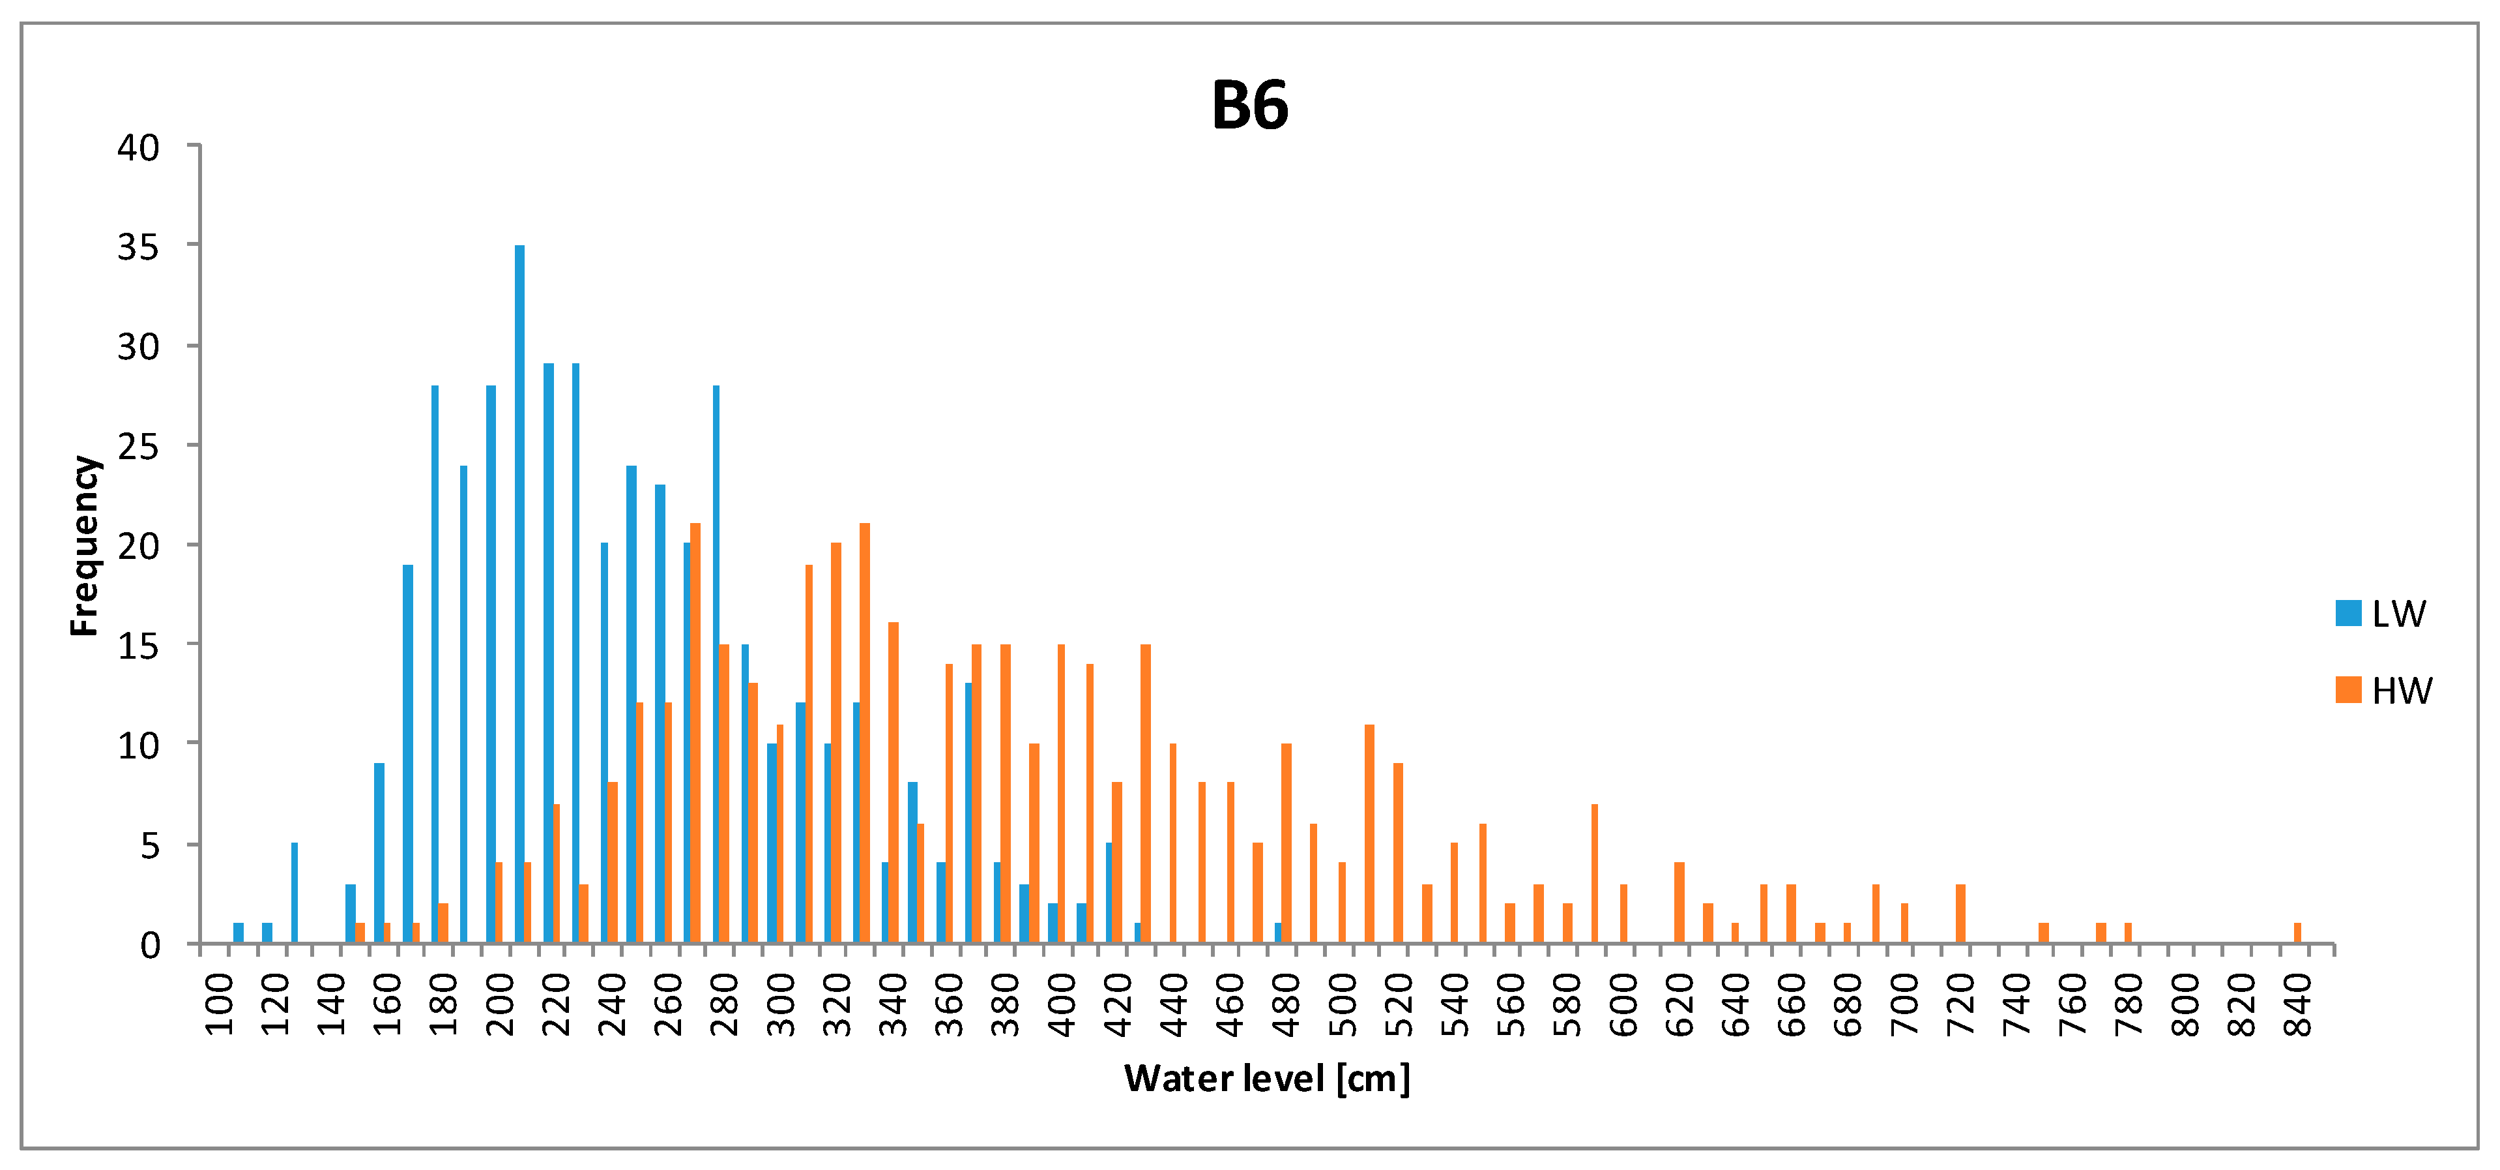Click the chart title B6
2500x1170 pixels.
click(1249, 105)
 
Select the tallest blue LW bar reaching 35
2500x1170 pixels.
click(519, 594)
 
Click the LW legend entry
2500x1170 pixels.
click(2383, 614)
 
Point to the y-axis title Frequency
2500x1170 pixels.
click(85, 546)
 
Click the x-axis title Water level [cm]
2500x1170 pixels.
click(1266, 1078)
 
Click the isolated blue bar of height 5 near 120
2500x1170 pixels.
click(294, 893)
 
